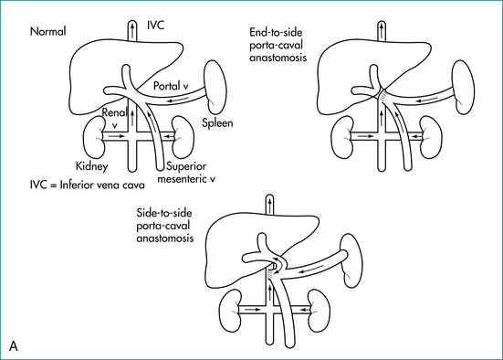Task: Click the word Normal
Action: click(47, 31)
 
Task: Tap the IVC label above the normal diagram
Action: click(155, 25)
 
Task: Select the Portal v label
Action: click(171, 86)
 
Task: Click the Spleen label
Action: click(217, 123)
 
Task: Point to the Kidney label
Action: click(92, 166)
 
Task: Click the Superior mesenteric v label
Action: click(186, 173)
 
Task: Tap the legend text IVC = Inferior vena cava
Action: click(88, 185)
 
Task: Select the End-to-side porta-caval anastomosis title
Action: click(278, 45)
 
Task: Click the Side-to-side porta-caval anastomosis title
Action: click(165, 226)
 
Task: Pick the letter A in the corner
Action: click(14, 346)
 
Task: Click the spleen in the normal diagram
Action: click(215, 88)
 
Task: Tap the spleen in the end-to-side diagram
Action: click(463, 88)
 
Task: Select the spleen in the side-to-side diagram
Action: click(351, 260)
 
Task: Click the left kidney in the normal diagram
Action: click(94, 137)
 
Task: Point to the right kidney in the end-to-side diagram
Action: click(432, 137)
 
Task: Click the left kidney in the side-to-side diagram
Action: click(230, 311)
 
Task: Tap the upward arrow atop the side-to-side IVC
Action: click(270, 206)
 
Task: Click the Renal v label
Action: click(114, 118)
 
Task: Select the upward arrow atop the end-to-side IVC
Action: click(382, 30)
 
